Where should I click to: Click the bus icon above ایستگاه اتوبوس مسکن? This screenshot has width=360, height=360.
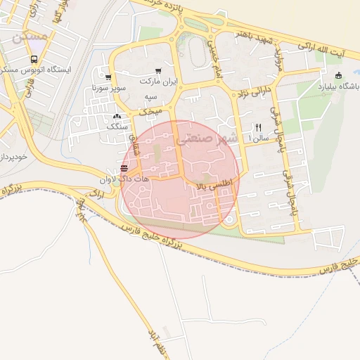(x=34, y=60)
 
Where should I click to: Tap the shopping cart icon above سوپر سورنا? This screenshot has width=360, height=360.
(x=108, y=78)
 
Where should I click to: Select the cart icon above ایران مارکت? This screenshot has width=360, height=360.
(x=158, y=71)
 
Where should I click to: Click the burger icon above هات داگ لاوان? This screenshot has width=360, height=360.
(x=124, y=169)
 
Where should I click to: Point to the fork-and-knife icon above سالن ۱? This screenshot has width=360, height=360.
(x=258, y=127)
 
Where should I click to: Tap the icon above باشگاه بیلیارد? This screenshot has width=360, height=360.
(x=338, y=76)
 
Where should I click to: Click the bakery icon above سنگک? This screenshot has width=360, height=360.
(x=117, y=116)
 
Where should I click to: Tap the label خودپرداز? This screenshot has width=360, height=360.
(x=13, y=156)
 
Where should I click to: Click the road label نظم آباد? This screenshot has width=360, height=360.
(x=155, y=340)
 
